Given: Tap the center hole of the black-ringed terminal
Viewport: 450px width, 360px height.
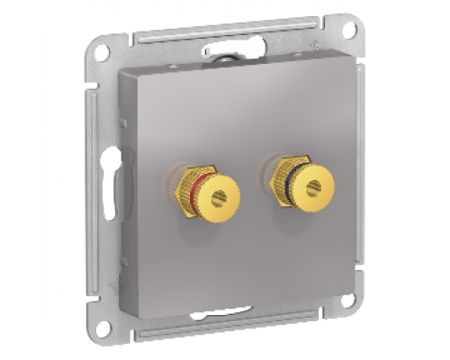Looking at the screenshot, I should tap(312, 190).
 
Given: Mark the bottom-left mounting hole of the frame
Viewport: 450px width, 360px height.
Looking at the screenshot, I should tap(105, 329).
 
